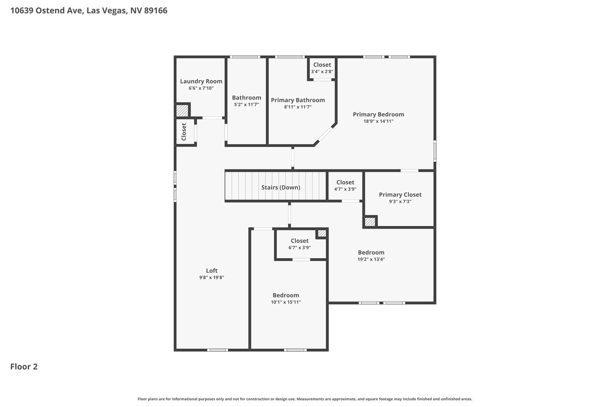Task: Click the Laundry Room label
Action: pyautogui.click(x=201, y=81)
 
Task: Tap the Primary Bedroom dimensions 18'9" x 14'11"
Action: pyautogui.click(x=378, y=121)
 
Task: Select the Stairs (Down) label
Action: pyautogui.click(x=281, y=187)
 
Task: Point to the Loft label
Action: pyautogui.click(x=212, y=270)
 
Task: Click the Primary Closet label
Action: pyautogui.click(x=400, y=195)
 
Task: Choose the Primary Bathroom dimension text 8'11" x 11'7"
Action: pyautogui.click(x=298, y=107)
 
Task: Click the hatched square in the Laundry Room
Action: pyautogui.click(x=182, y=110)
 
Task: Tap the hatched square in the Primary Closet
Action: pyautogui.click(x=370, y=222)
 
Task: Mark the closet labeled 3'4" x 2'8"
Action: pyautogui.click(x=322, y=68)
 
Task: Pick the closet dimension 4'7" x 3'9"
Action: pyautogui.click(x=345, y=189)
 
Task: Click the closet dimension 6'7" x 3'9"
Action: pyautogui.click(x=300, y=248)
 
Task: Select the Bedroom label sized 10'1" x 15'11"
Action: pyautogui.click(x=286, y=295)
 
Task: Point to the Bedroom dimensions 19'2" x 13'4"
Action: pyautogui.click(x=371, y=259)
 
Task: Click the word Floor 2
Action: pyautogui.click(x=24, y=367)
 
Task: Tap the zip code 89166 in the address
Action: pyautogui.click(x=156, y=11)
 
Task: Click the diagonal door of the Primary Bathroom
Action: pyautogui.click(x=325, y=134)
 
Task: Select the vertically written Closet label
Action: pyautogui.click(x=184, y=132)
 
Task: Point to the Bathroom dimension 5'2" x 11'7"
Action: pyautogui.click(x=246, y=105)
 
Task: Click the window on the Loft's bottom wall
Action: pyautogui.click(x=218, y=350)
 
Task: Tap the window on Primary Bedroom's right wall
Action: pyautogui.click(x=435, y=151)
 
